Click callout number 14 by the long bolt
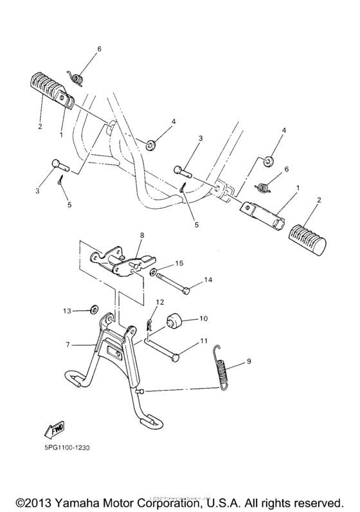click(207, 279)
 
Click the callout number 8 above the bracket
click(141, 235)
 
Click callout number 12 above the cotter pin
click(160, 301)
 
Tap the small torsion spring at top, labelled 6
click(77, 78)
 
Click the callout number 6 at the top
click(99, 49)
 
